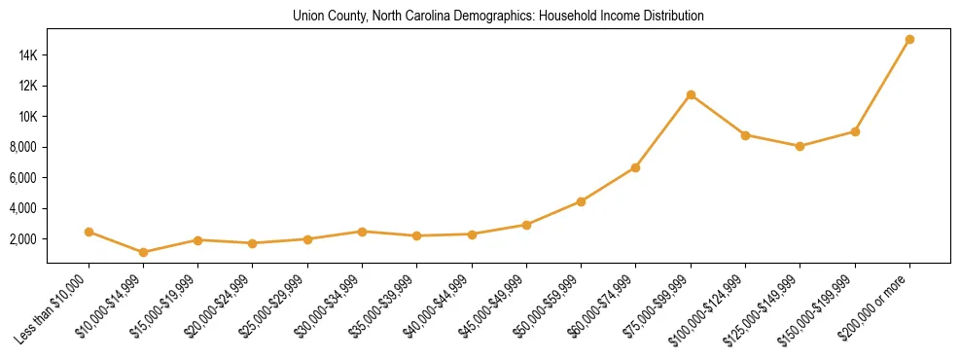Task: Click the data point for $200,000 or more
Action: pyautogui.click(x=909, y=40)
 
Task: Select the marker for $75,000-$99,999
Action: pyautogui.click(x=691, y=94)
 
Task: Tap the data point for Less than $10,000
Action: pyautogui.click(x=89, y=232)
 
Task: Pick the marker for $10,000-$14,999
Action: pyautogui.click(x=144, y=252)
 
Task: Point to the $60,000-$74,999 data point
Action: pyautogui.click(x=635, y=167)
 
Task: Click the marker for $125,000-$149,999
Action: pyautogui.click(x=800, y=146)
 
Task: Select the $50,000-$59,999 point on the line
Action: pyautogui.click(x=581, y=201)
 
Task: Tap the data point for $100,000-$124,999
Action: pyautogui.click(x=745, y=135)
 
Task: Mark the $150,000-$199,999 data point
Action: pyautogui.click(x=855, y=131)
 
